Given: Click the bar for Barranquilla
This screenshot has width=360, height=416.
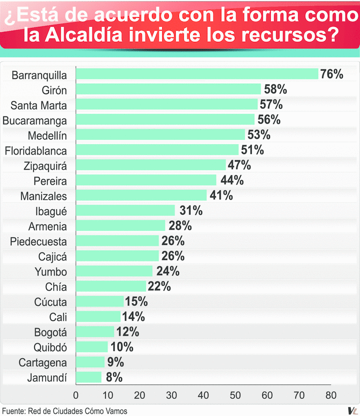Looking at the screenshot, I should click(x=197, y=74).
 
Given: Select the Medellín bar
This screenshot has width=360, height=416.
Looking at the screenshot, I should click(x=161, y=134).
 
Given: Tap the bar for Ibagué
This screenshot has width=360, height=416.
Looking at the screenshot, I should click(x=126, y=210).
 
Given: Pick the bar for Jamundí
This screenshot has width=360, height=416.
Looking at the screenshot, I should click(x=89, y=377).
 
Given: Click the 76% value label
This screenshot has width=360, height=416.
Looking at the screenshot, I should click(x=332, y=74).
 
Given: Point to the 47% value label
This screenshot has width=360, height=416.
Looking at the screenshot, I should click(x=239, y=165).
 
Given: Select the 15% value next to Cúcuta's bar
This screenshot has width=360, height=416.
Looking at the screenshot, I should click(x=136, y=302).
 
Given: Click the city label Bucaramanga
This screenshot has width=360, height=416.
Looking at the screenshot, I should click(x=35, y=119).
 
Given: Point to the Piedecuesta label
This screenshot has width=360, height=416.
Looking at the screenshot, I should click(x=39, y=241).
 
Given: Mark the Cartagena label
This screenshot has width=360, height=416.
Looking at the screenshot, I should click(x=43, y=362).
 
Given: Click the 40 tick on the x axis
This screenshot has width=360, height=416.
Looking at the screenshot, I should click(x=203, y=396).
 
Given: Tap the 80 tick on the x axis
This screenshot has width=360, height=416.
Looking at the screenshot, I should click(x=330, y=396).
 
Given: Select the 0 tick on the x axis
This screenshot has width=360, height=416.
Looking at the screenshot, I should click(x=76, y=396).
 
